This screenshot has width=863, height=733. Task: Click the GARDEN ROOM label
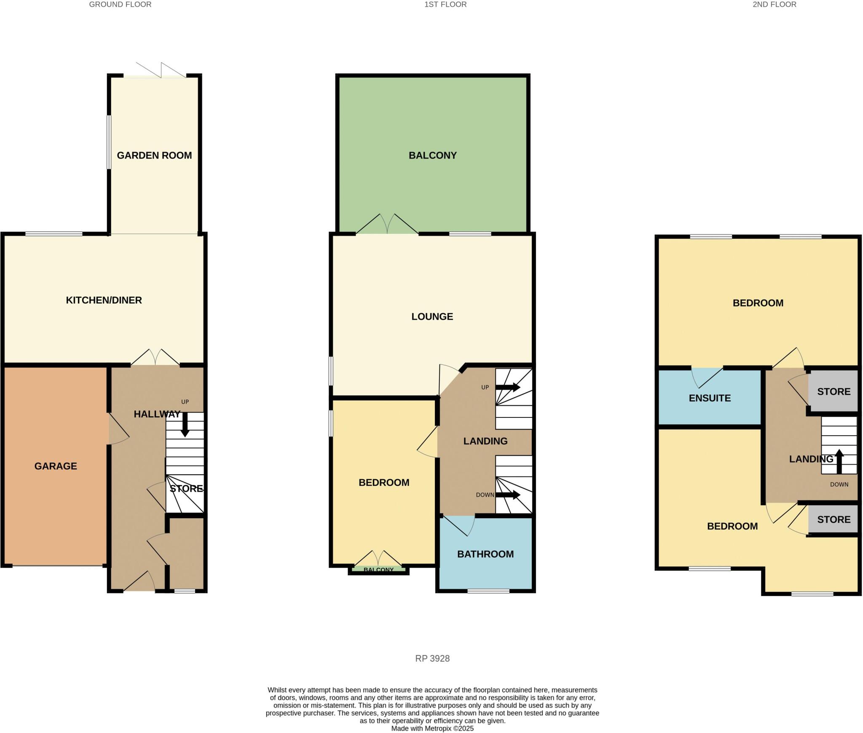(x=154, y=155)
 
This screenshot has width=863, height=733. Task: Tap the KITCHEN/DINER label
(x=104, y=300)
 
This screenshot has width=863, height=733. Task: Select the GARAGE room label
(x=56, y=466)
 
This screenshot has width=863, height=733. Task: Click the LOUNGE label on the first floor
(x=432, y=316)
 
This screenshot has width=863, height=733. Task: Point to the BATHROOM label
(x=485, y=554)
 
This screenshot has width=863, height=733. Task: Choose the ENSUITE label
(x=710, y=398)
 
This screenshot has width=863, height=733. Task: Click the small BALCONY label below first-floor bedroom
(x=378, y=570)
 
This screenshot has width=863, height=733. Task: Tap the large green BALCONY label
(x=432, y=155)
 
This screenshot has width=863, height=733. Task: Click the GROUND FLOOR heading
(x=120, y=5)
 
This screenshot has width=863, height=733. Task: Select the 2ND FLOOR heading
(x=774, y=5)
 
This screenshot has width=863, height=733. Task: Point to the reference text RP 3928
(x=432, y=658)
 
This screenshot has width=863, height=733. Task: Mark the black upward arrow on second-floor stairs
(x=839, y=461)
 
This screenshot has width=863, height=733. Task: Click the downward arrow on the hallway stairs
(x=185, y=424)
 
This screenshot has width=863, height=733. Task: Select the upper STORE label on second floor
(x=834, y=391)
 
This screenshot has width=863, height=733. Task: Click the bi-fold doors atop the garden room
(x=161, y=71)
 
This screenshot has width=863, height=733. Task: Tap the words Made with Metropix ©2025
(x=432, y=728)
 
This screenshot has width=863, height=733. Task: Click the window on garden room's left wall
(x=109, y=142)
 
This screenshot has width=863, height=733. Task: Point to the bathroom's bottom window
(x=488, y=591)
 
